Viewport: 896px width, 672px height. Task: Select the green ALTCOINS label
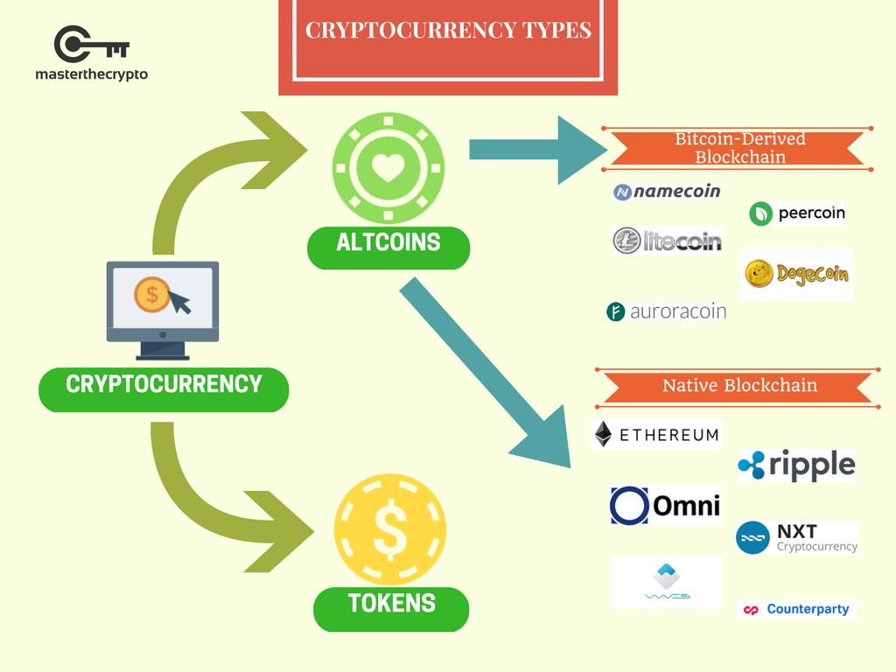pyautogui.click(x=388, y=242)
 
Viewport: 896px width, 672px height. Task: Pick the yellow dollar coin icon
pyautogui.click(x=390, y=530)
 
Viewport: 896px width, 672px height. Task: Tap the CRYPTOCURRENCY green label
pyautogui.click(x=164, y=385)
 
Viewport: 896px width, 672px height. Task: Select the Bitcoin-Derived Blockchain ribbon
pyautogui.click(x=739, y=149)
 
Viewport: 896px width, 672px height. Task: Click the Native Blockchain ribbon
pyautogui.click(x=739, y=386)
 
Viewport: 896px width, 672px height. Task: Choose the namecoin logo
pyautogui.click(x=667, y=192)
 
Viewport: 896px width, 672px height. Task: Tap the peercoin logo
pyautogui.click(x=797, y=213)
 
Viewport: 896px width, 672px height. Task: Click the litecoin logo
pyautogui.click(x=667, y=241)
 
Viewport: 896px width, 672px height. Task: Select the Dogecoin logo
pyautogui.click(x=796, y=274)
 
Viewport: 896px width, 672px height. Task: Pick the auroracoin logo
pyautogui.click(x=667, y=311)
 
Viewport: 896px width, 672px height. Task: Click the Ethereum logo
pyautogui.click(x=656, y=434)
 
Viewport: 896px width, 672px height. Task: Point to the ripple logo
pyautogui.click(x=796, y=465)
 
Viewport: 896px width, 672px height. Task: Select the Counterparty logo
pyautogui.click(x=796, y=609)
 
